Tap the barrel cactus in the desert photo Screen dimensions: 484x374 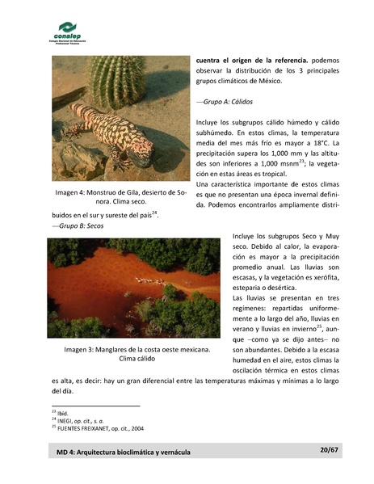pos(117,81)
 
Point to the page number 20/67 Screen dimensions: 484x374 pos(329,450)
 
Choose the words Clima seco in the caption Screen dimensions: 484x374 pos(129,202)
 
